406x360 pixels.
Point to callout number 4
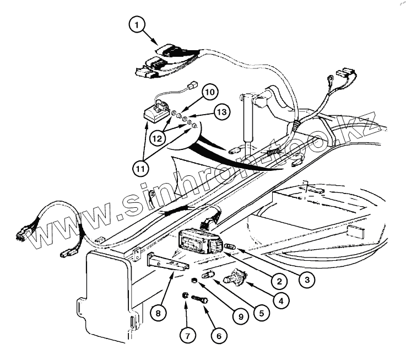pos(280,302)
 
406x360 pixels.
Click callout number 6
pos(218,335)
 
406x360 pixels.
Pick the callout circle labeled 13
pos(221,112)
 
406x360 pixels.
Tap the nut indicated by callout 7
pos(185,297)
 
